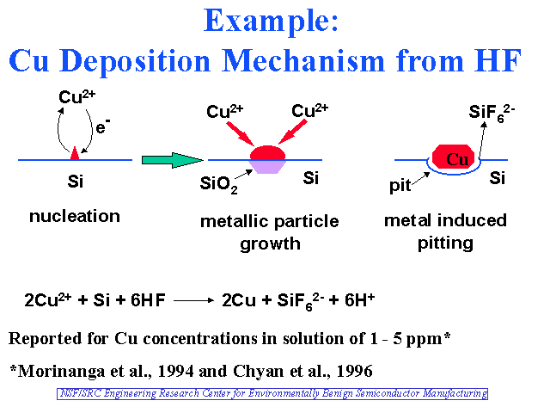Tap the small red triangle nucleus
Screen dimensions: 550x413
point(75,154)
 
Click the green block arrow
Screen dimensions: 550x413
point(172,160)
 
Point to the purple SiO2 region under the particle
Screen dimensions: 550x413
point(267,166)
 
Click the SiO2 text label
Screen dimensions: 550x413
point(218,184)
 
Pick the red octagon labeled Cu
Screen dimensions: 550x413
point(453,157)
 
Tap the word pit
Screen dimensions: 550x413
point(400,185)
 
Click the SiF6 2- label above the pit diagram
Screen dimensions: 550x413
point(492,113)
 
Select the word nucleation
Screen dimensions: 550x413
point(75,216)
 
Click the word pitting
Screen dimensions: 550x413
point(445,243)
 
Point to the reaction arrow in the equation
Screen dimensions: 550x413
point(193,300)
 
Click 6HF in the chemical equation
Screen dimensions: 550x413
point(148,300)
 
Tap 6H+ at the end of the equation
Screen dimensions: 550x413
point(359,299)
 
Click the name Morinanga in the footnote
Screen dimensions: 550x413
point(61,372)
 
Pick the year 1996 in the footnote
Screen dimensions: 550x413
point(354,371)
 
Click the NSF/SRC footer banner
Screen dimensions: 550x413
point(272,394)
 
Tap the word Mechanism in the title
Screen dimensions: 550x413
point(303,61)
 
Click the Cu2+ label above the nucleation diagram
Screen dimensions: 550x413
point(76,96)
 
